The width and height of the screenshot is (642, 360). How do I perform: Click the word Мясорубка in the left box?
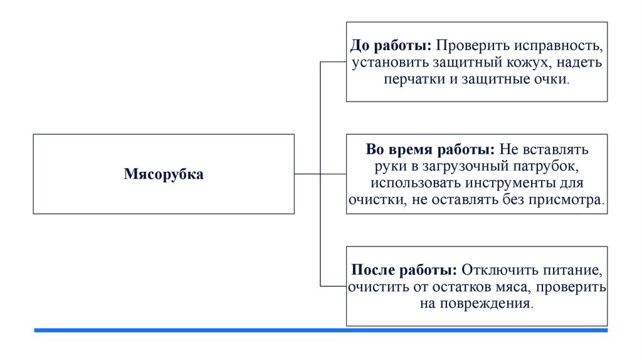163,174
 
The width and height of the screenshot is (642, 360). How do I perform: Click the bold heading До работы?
391,46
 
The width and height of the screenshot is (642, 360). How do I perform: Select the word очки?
552,80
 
